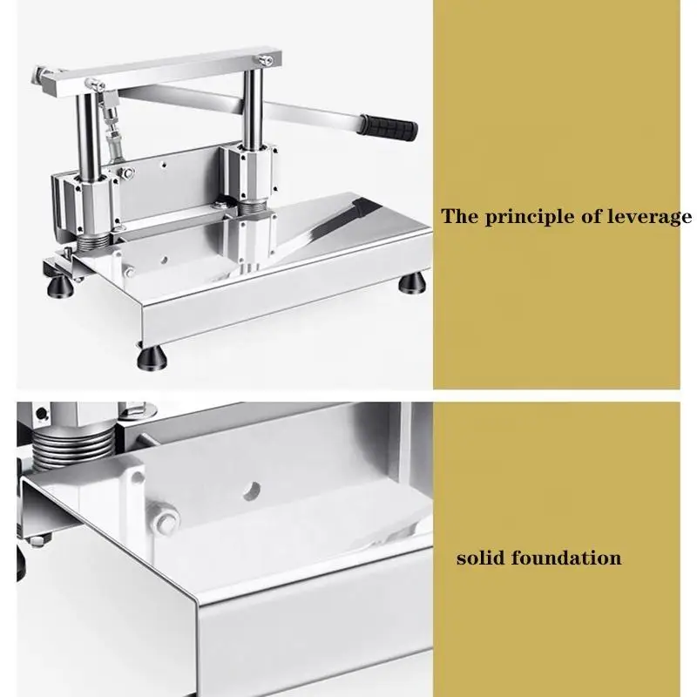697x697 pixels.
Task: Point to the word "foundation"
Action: tap(565, 558)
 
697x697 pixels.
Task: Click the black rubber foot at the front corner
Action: tap(152, 358)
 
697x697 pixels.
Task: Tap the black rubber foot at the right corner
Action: tap(411, 282)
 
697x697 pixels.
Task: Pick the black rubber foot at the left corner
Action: tap(61, 288)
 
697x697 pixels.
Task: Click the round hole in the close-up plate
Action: tap(252, 491)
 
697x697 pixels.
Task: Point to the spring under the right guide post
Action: tap(252, 208)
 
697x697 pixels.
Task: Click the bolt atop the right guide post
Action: tap(266, 59)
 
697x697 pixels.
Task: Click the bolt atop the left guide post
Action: tap(95, 84)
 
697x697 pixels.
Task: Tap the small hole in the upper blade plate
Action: tap(164, 165)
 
